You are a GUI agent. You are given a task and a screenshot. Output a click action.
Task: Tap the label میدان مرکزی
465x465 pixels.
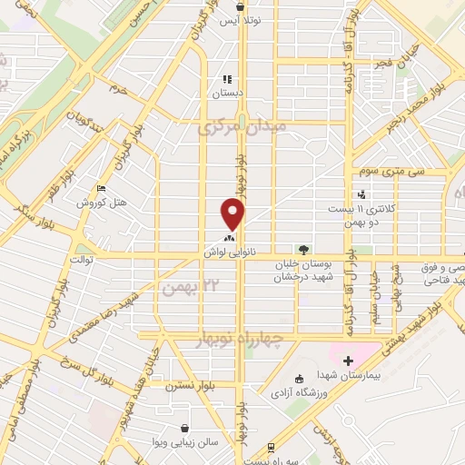[x=242, y=128]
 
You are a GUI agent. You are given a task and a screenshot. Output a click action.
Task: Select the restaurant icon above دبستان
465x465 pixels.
[x=228, y=79]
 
